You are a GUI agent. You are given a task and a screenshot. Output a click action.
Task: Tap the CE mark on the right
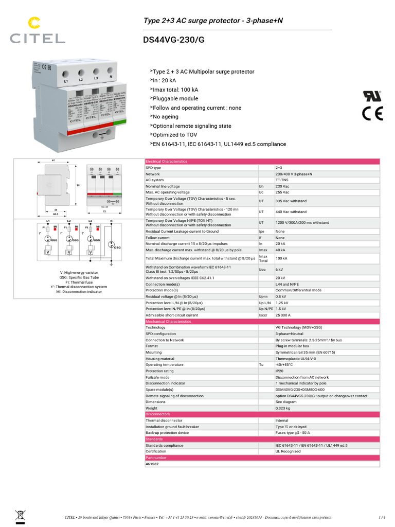pyautogui.click(x=372, y=113)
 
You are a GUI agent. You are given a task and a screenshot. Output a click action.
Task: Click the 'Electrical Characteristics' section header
pyautogui.click(x=167, y=162)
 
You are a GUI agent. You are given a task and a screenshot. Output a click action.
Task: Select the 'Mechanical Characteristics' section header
pyautogui.click(x=168, y=322)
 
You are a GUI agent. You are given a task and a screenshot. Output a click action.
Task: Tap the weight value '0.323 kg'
pyautogui.click(x=283, y=408)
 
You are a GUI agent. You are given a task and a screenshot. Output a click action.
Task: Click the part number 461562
pyautogui.click(x=152, y=464)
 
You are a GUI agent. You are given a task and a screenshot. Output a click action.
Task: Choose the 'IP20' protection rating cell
pyautogui.click(x=280, y=371)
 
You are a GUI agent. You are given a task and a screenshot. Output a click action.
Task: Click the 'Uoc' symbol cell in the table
pyautogui.click(x=262, y=269)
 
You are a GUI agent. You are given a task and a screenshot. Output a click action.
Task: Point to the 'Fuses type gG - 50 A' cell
pyautogui.click(x=293, y=433)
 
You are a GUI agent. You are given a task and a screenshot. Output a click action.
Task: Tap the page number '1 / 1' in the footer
pyautogui.click(x=382, y=517)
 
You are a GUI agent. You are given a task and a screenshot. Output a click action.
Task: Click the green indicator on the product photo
pyautogui.click(x=118, y=122)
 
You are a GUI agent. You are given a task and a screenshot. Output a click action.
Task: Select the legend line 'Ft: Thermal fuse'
pyautogui.click(x=79, y=282)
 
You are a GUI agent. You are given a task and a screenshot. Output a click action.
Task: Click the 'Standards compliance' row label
pyautogui.click(x=164, y=445)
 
